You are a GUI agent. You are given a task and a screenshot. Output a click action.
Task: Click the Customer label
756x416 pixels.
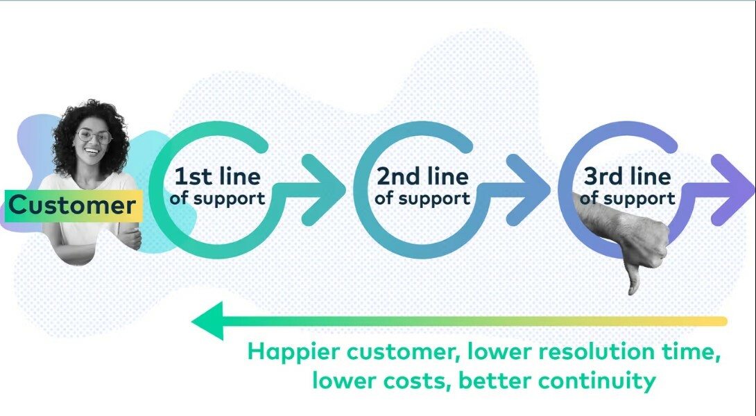(73, 206)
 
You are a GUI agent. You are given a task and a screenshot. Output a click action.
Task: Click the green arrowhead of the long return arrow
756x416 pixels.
(208, 321)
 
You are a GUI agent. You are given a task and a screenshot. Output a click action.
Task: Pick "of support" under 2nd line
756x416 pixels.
(422, 198)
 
